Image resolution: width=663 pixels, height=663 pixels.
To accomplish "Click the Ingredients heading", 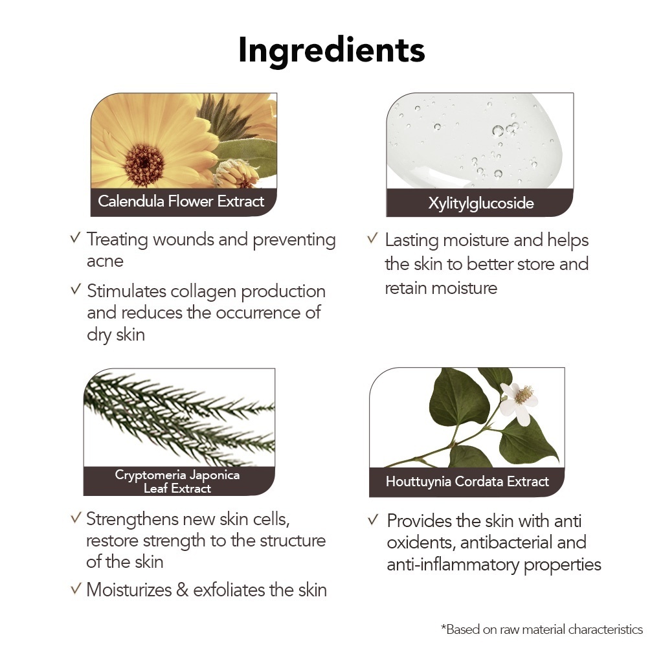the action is (x=331, y=51).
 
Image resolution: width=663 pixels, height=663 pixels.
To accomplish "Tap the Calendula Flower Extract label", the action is (x=181, y=201).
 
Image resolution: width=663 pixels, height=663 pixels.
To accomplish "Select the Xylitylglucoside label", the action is (x=481, y=203).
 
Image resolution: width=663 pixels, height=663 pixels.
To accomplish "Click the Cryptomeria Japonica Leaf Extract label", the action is (x=177, y=482).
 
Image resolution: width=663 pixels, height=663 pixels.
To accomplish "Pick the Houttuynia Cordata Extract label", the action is (x=467, y=482).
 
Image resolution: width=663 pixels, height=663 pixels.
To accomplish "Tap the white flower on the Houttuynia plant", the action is (x=519, y=401).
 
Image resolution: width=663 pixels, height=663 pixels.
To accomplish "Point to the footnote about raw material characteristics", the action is (x=542, y=629).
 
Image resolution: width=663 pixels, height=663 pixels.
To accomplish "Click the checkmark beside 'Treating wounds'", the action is (x=75, y=238).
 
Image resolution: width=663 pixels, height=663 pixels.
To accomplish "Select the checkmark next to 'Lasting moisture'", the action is (x=372, y=238).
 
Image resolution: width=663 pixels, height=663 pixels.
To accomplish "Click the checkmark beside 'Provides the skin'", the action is (x=373, y=520).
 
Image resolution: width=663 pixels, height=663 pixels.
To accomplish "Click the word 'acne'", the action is (x=105, y=262).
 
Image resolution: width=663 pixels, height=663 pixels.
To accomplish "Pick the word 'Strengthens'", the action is (x=132, y=520).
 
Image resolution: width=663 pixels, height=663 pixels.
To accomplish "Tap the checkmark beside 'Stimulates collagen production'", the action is (x=75, y=289).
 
